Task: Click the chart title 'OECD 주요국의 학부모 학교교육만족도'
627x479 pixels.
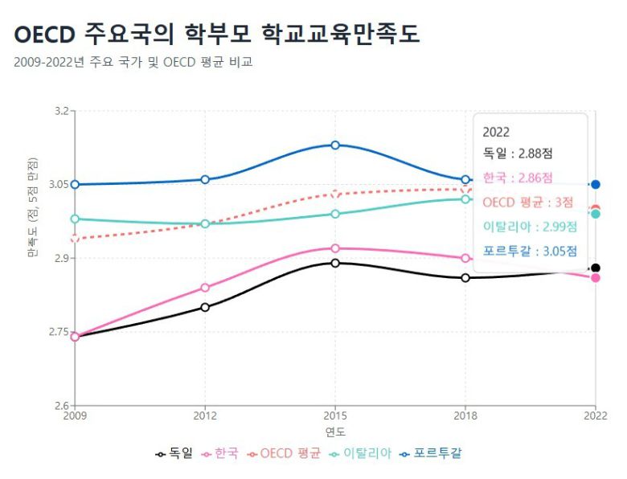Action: click(217, 34)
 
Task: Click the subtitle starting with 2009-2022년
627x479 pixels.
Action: click(133, 62)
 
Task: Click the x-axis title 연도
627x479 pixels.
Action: click(335, 432)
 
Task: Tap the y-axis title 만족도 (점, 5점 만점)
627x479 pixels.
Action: click(33, 219)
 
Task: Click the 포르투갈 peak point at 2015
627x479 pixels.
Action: click(335, 145)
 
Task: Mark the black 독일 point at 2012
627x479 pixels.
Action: click(205, 307)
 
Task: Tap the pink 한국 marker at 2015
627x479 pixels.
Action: click(335, 248)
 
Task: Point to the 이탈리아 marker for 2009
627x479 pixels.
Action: click(75, 219)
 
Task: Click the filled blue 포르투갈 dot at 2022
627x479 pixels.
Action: click(596, 185)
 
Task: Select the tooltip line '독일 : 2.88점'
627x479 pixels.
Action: click(518, 153)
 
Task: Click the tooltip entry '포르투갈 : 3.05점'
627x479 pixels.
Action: click(530, 251)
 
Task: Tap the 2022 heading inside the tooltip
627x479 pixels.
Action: click(496, 133)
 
